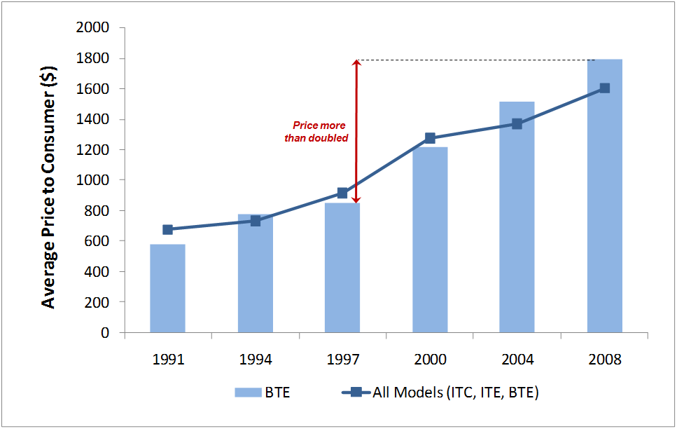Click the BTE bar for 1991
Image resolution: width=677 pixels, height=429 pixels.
point(167,289)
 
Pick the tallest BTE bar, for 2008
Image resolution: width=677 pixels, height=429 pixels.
point(605,196)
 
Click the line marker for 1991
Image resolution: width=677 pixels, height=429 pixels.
point(167,229)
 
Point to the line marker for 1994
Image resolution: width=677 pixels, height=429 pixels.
point(256,221)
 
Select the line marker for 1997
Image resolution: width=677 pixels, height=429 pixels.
point(342,193)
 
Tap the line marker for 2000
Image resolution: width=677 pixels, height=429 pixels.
point(430,138)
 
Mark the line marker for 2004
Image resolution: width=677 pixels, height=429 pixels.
point(517,124)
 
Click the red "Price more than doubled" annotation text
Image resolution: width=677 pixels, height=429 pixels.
point(317,132)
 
